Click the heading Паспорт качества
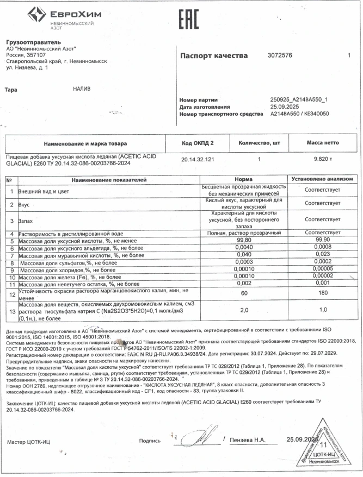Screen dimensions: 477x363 215,56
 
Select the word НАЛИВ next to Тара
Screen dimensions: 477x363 83,89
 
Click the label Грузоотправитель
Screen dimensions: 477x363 33,42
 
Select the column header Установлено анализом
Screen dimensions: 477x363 322,179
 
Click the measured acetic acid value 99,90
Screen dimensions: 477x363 322,241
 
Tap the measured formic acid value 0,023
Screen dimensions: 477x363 322,255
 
